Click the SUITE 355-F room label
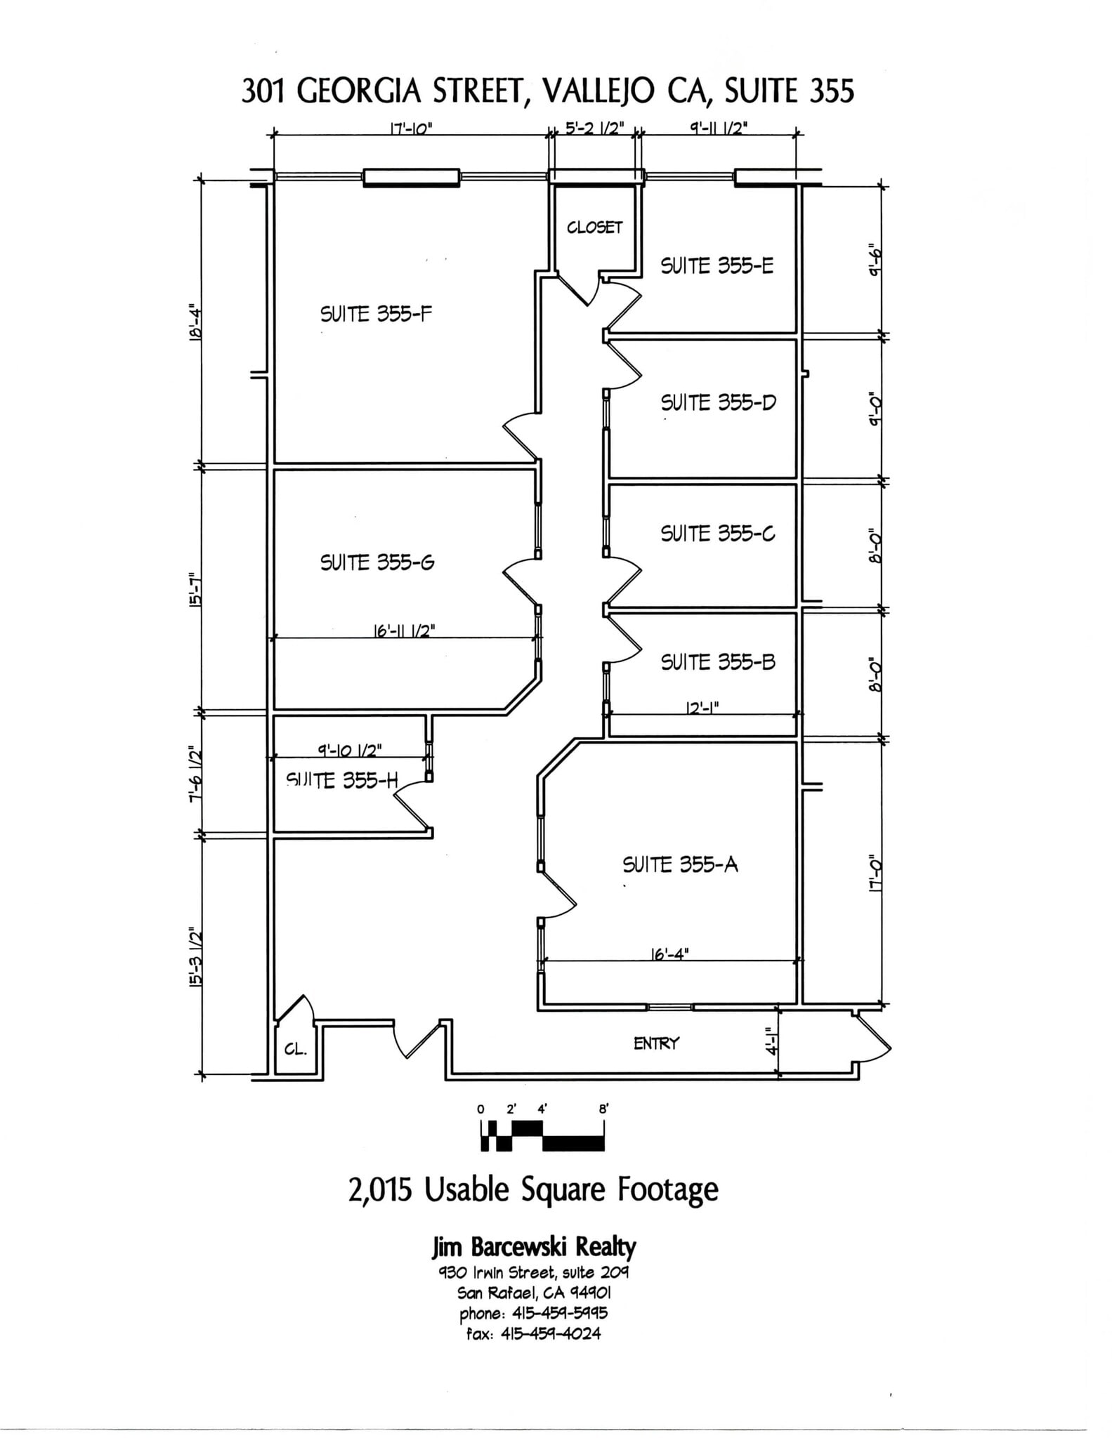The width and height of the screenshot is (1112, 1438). pyautogui.click(x=376, y=314)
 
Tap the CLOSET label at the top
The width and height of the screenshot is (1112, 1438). pyautogui.click(x=594, y=227)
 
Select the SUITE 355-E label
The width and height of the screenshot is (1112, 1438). pyautogui.click(x=717, y=266)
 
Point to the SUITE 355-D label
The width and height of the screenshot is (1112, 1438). pyautogui.click(x=718, y=403)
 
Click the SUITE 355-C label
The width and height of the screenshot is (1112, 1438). pyautogui.click(x=717, y=534)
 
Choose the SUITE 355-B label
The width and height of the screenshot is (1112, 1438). pyautogui.click(x=717, y=662)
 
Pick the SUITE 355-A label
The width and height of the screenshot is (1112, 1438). pyautogui.click(x=680, y=864)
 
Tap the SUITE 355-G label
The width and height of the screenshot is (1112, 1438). pyautogui.click(x=377, y=562)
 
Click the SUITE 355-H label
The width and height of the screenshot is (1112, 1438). pyautogui.click(x=341, y=780)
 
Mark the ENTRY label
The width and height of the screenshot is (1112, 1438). pyautogui.click(x=656, y=1043)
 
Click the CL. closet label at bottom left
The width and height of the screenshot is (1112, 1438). pyautogui.click(x=295, y=1050)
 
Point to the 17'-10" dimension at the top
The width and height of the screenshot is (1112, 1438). pyautogui.click(x=411, y=128)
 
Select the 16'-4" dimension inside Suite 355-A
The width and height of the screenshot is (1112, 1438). pyautogui.click(x=670, y=954)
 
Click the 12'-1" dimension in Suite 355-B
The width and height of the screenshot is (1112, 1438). pyautogui.click(x=702, y=709)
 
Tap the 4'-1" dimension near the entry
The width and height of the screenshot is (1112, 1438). pyautogui.click(x=772, y=1043)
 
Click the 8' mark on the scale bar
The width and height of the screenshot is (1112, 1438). pyautogui.click(x=603, y=1109)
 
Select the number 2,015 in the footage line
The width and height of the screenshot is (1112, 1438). pyautogui.click(x=379, y=1189)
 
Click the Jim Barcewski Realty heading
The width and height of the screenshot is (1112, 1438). pyautogui.click(x=533, y=1247)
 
